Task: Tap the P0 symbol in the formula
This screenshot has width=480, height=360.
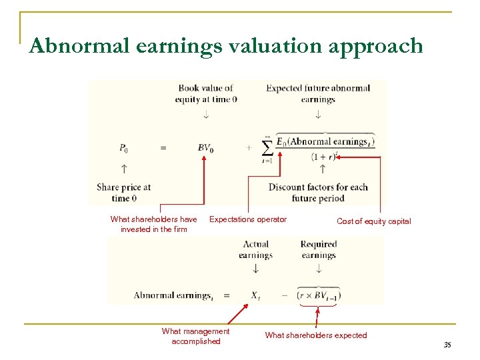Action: tap(125, 148)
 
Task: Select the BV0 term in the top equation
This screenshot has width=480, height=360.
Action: tap(205, 148)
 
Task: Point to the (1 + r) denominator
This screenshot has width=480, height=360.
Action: tap(325, 157)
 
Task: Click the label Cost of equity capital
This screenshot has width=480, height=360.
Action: tap(373, 221)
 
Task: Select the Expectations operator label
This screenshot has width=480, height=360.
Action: tap(248, 219)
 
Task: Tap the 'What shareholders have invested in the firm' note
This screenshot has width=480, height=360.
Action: tap(153, 224)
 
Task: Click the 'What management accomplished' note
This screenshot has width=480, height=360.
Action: tap(195, 336)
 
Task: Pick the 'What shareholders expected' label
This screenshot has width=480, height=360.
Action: tap(316, 335)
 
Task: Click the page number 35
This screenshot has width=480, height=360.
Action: tap(447, 345)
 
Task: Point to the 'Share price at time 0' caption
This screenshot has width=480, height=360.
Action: tap(124, 193)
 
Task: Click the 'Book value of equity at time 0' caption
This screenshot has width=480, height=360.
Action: tap(205, 93)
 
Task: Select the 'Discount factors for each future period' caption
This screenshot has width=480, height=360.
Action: tap(318, 193)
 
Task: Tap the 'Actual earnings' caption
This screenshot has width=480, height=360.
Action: tap(255, 249)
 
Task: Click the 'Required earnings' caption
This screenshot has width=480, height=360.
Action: tap(319, 249)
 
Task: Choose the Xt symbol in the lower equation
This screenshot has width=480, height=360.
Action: tap(255, 295)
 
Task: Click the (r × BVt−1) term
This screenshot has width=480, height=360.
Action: tap(319, 295)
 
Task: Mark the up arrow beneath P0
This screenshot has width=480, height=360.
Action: tap(125, 169)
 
